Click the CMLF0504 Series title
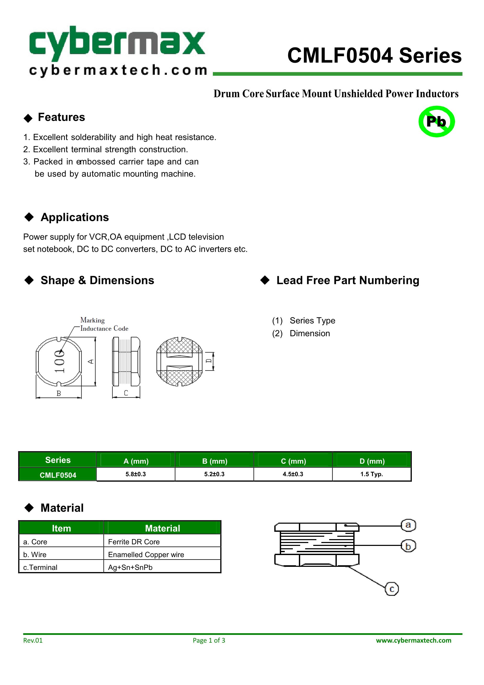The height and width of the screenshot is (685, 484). click(374, 56)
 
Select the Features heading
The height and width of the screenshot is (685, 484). click(61, 117)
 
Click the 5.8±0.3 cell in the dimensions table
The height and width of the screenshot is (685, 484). click(135, 474)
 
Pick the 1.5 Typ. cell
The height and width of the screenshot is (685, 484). click(372, 474)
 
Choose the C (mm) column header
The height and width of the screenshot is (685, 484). click(293, 461)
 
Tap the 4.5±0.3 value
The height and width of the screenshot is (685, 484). click(293, 474)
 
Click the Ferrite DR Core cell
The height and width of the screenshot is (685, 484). click(134, 542)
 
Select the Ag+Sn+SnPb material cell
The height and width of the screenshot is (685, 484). click(130, 567)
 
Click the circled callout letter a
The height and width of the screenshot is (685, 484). click(408, 525)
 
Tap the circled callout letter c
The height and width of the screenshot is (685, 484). click(392, 589)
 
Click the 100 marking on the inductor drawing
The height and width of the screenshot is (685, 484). click(60, 361)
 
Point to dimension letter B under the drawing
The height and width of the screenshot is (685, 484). click(59, 393)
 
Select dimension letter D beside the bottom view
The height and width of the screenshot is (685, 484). click(209, 361)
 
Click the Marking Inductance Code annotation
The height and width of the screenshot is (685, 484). click(104, 324)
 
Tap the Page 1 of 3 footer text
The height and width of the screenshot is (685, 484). click(209, 640)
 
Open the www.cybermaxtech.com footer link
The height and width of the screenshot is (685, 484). click(413, 640)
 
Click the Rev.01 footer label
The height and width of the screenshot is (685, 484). click(33, 640)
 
